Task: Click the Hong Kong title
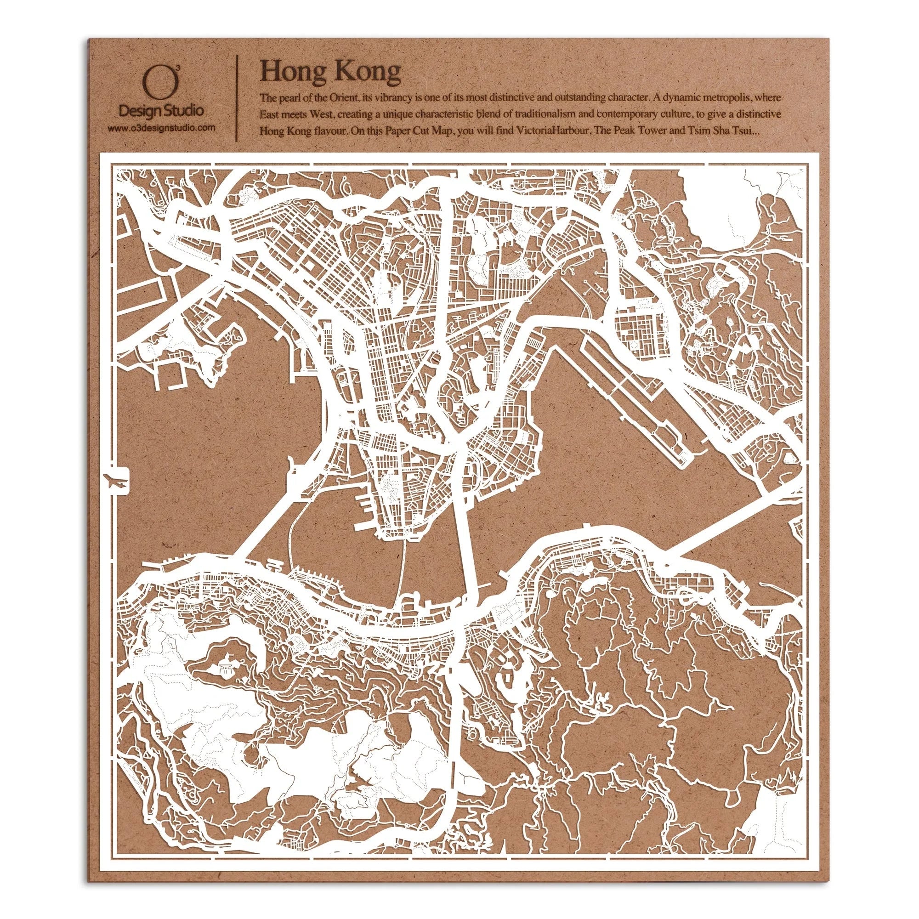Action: [x=330, y=72]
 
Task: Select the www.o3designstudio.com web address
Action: [x=161, y=127]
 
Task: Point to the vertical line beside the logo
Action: [x=236, y=98]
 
